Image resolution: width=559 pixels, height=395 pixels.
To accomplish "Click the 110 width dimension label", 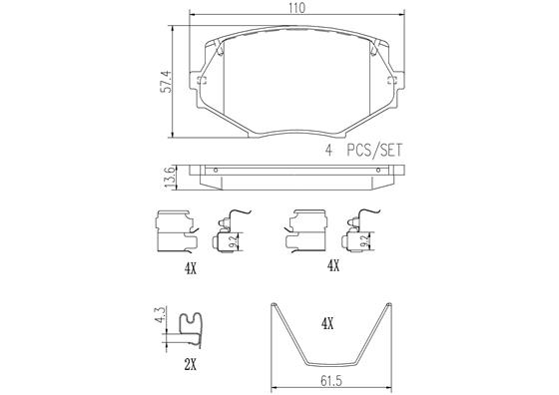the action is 297,7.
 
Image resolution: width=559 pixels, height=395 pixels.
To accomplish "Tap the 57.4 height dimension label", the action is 166,82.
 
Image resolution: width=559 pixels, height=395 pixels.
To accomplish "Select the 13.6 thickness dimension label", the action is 170,178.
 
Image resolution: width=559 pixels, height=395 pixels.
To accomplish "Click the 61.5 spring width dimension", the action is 331,381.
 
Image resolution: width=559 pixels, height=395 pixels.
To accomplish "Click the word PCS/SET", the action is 374,151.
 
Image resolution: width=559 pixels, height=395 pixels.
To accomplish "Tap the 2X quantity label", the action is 191,364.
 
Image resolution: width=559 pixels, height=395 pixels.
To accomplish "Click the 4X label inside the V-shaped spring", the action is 327,324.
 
